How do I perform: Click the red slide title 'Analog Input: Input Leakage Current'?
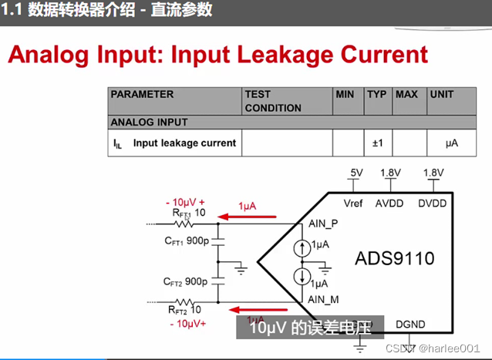point(217,54)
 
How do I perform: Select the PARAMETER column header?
point(143,95)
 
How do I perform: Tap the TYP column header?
point(377,95)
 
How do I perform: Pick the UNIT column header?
point(443,95)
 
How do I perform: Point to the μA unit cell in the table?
point(452,143)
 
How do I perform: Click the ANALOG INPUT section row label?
point(150,122)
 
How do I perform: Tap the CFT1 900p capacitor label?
point(186,241)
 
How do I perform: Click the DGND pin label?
point(409,325)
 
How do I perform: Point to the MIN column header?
point(345,95)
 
